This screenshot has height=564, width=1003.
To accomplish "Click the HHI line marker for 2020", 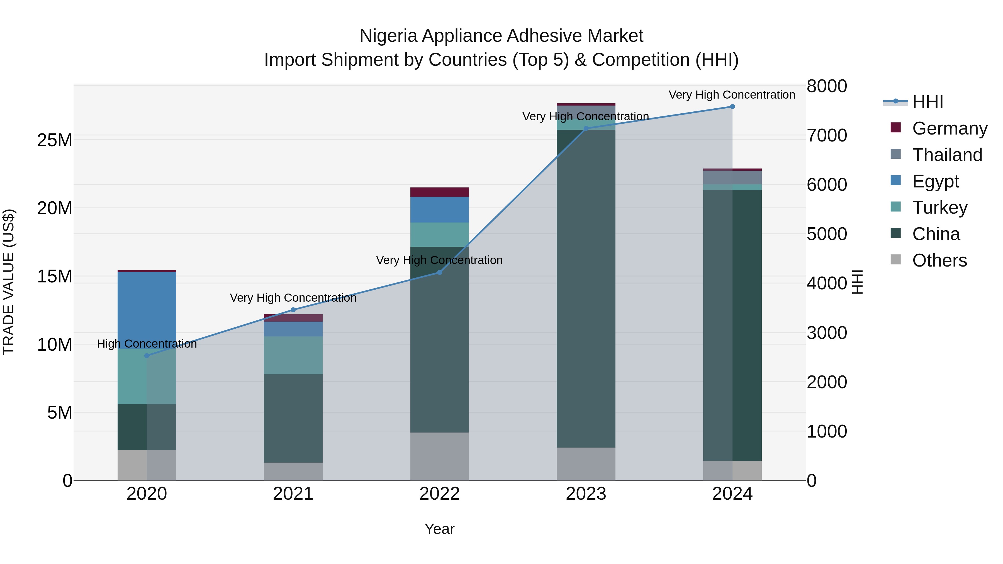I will tap(147, 355).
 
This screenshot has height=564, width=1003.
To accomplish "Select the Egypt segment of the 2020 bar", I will tap(147, 307).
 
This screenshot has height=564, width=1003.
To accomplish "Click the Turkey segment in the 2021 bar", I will tap(293, 355).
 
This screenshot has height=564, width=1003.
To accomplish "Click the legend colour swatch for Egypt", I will tap(895, 180).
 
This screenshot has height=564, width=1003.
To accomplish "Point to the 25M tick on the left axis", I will tap(55, 140).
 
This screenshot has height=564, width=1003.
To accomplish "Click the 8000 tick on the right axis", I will tap(827, 86).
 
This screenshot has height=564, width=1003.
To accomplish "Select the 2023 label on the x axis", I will tap(586, 494).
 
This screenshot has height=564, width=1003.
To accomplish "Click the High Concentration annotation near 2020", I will tap(147, 344).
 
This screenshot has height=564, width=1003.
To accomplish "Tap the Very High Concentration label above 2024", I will tap(732, 95).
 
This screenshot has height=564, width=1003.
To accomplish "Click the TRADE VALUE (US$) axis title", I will tap(9, 282).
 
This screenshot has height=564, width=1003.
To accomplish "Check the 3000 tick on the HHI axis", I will tap(827, 333).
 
